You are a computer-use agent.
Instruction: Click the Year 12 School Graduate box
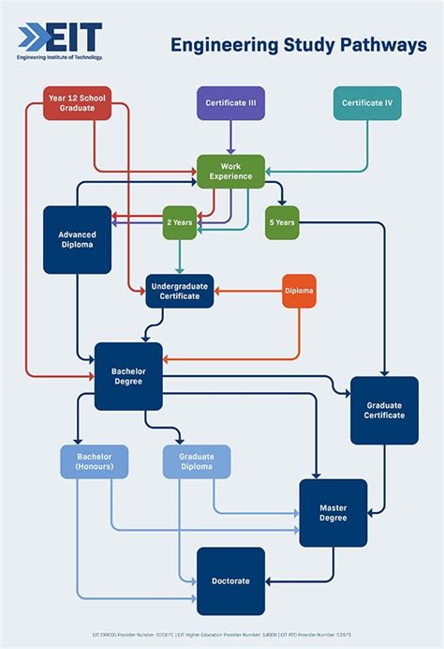pyautogui.click(x=77, y=102)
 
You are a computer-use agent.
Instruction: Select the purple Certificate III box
pyautogui.click(x=230, y=103)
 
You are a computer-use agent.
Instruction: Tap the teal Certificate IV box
pyautogui.click(x=367, y=103)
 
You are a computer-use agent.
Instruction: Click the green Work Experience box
pyautogui.click(x=230, y=172)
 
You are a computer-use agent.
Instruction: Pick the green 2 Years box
pyautogui.click(x=179, y=222)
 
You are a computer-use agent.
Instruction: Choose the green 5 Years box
pyautogui.click(x=282, y=222)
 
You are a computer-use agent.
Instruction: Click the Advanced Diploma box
pyautogui.click(x=77, y=240)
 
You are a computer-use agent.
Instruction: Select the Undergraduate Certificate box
pyautogui.click(x=179, y=291)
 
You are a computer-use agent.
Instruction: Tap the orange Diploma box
pyautogui.click(x=299, y=291)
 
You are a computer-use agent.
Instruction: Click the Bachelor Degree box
pyautogui.click(x=128, y=376)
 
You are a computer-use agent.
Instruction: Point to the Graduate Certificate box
pyautogui.click(x=385, y=410)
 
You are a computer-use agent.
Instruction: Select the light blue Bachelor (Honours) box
pyautogui.click(x=94, y=461)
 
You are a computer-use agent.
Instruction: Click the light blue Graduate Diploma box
pyautogui.click(x=197, y=461)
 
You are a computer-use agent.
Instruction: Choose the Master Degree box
pyautogui.click(x=333, y=512)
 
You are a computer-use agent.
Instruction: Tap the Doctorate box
pyautogui.click(x=230, y=581)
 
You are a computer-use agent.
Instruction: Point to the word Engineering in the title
pyautogui.click(x=223, y=45)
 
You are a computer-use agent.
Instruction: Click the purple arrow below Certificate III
pyautogui.click(x=230, y=137)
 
